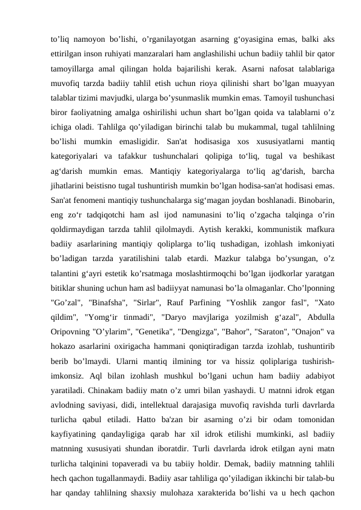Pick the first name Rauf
[182, 316]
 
